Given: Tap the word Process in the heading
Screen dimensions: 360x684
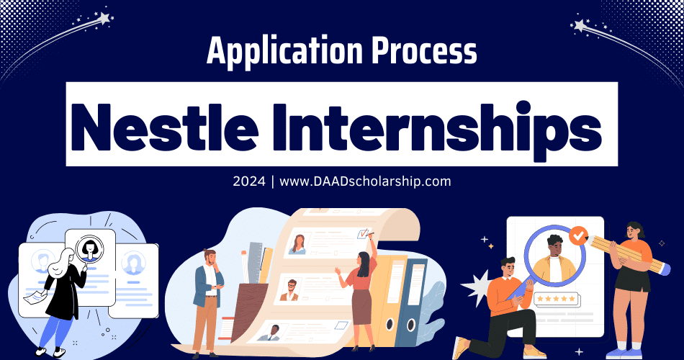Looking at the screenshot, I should click(419, 52).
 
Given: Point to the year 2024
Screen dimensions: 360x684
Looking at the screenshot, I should click(248, 181).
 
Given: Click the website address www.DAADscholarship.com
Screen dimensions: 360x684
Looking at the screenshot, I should click(365, 181).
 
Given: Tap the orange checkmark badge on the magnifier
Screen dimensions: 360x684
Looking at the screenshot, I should click(577, 235).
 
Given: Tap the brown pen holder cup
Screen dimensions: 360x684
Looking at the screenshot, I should click(245, 310).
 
